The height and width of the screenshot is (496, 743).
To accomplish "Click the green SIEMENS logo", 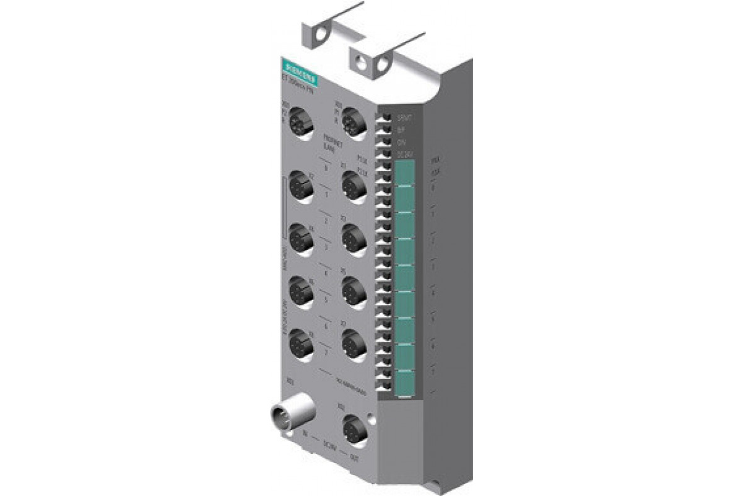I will click(x=298, y=72).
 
